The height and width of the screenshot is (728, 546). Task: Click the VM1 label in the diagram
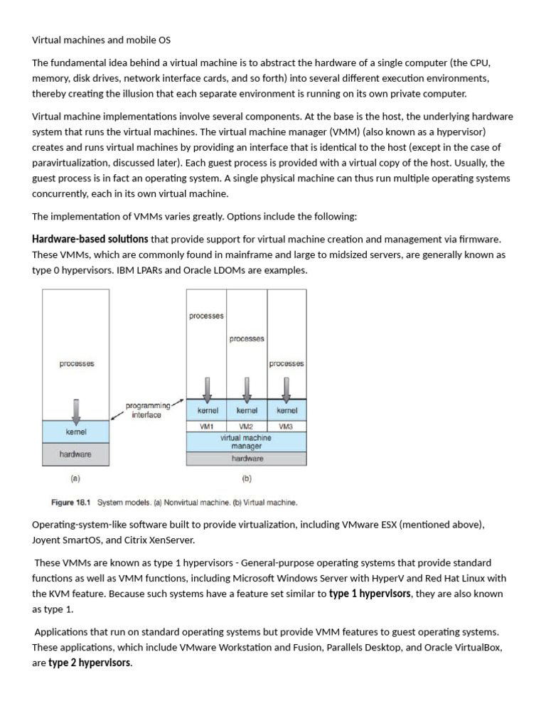206,427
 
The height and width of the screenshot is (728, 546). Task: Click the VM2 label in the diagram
247,427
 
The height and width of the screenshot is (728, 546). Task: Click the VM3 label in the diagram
287,427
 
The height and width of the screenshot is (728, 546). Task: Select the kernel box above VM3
287,410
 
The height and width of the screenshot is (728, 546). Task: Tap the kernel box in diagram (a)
76,431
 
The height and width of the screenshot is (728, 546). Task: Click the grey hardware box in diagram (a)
76,454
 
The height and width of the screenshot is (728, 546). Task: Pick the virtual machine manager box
246,442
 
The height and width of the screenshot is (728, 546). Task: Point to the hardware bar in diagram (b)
246,459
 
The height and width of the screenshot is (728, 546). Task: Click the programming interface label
147,410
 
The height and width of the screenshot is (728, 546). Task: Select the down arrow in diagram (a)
76,409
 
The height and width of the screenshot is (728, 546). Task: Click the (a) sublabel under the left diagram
76,478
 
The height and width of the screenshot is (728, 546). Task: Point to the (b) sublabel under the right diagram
246,478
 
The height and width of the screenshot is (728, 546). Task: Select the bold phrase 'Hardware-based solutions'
90,239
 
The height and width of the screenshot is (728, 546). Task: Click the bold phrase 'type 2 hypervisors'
90,663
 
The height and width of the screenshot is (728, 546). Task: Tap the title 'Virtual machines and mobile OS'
101,40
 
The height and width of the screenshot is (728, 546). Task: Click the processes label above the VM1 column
206,316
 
